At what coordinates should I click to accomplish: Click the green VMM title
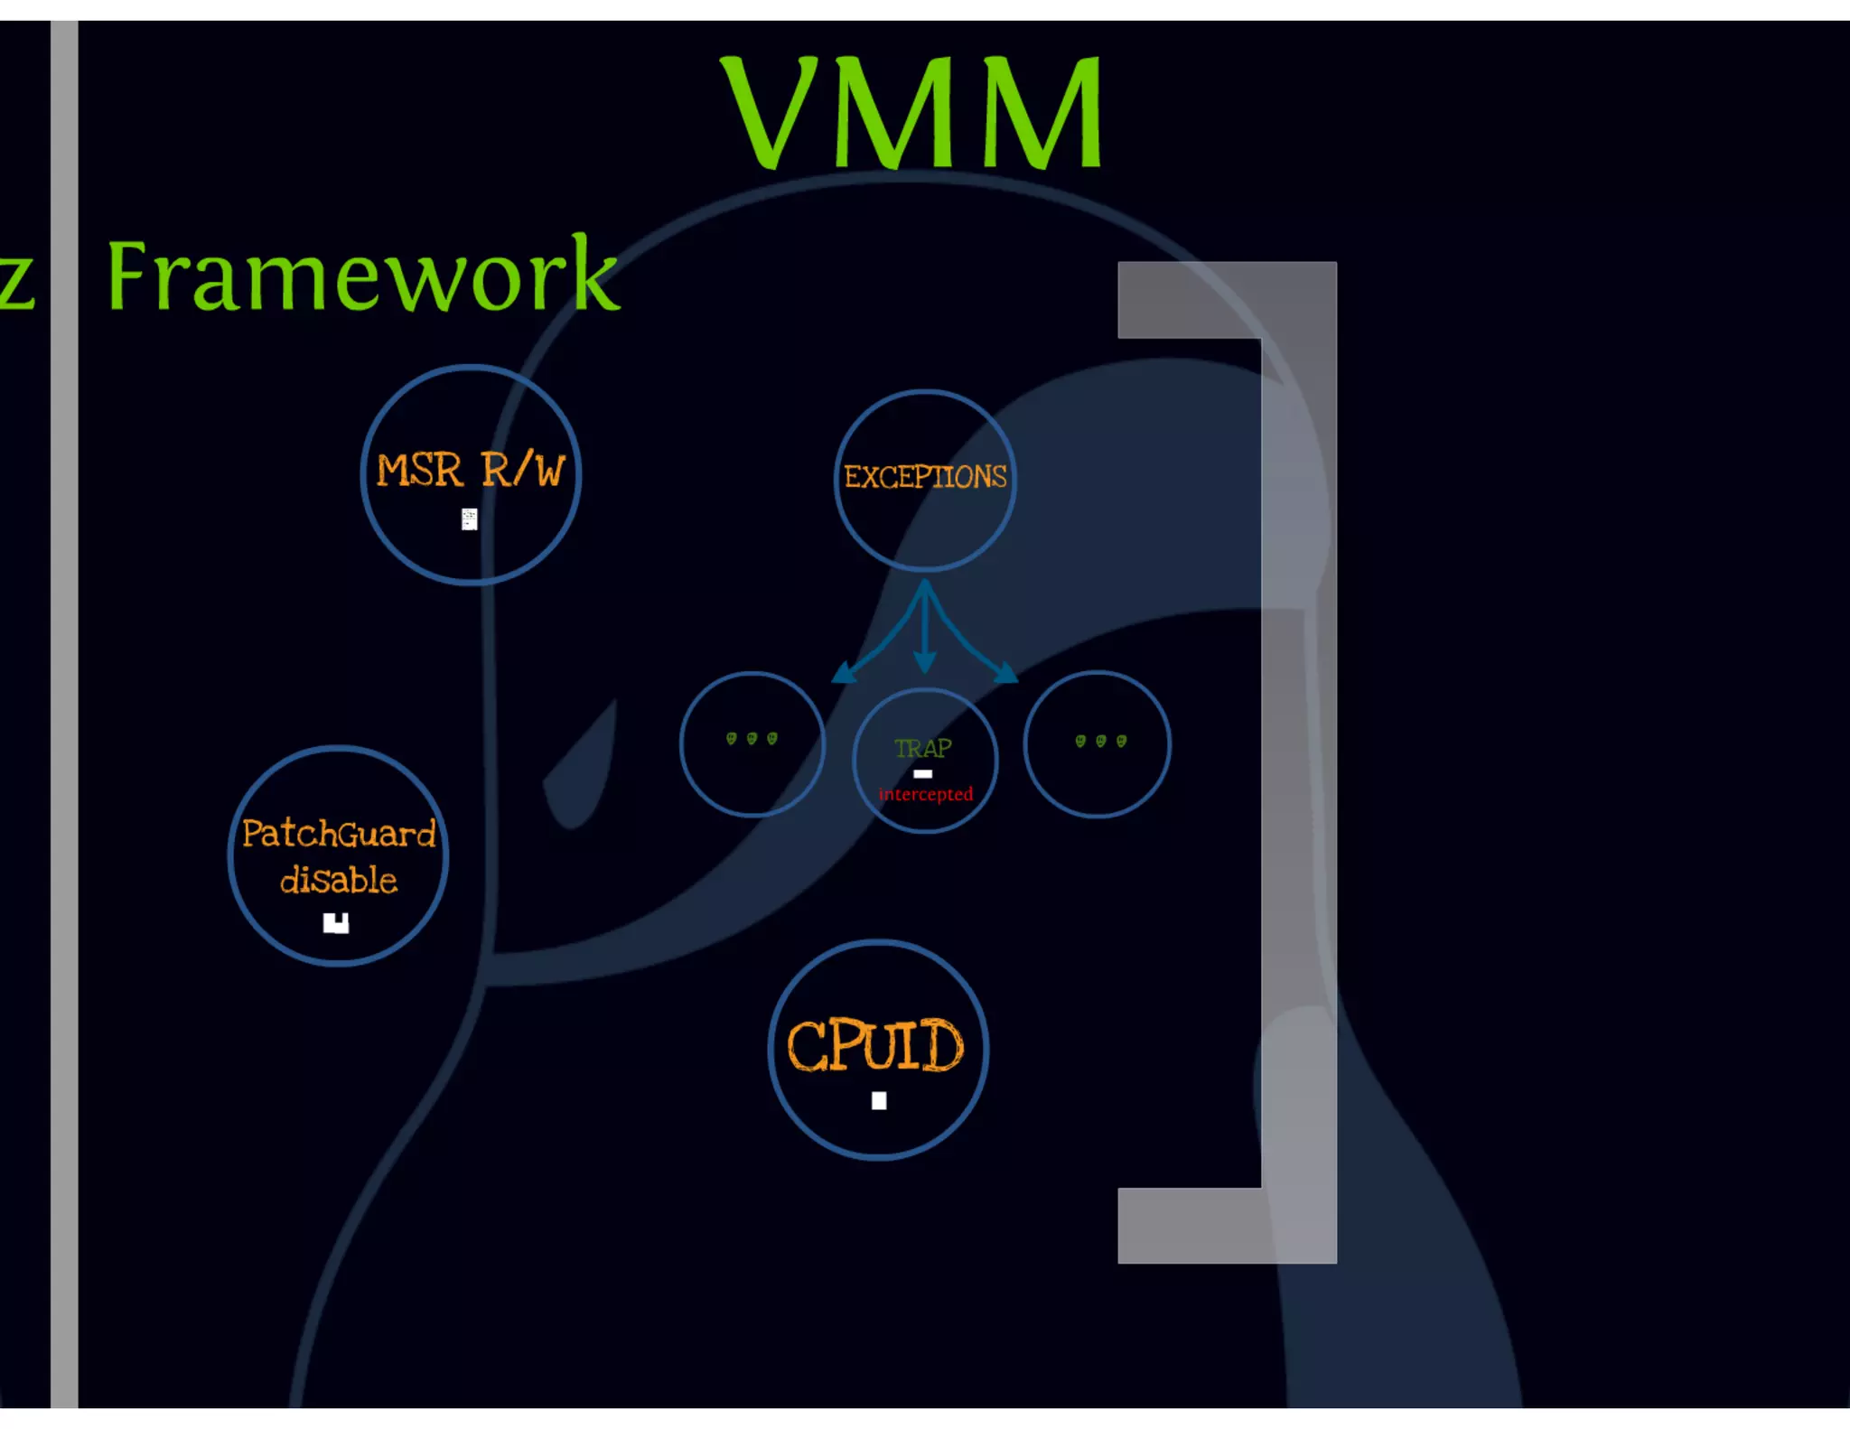click(912, 113)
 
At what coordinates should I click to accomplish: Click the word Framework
click(361, 276)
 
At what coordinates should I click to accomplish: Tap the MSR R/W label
click(470, 471)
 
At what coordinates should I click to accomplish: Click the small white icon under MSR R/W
click(469, 519)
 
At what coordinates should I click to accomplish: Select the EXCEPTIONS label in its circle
click(924, 477)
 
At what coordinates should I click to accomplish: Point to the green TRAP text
click(922, 748)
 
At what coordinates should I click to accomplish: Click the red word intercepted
click(925, 795)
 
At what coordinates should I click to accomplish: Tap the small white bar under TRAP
click(922, 774)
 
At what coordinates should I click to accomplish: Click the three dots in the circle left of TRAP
click(752, 739)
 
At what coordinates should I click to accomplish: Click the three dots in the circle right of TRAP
click(1100, 742)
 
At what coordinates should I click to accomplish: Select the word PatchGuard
click(339, 833)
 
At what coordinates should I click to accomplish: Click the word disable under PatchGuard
click(339, 880)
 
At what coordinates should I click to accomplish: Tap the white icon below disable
click(336, 922)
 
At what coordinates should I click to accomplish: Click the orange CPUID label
click(874, 1046)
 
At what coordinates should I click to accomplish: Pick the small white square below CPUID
click(879, 1100)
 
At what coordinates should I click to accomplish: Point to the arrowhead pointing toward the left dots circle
click(844, 673)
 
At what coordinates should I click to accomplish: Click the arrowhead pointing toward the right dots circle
click(1005, 673)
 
